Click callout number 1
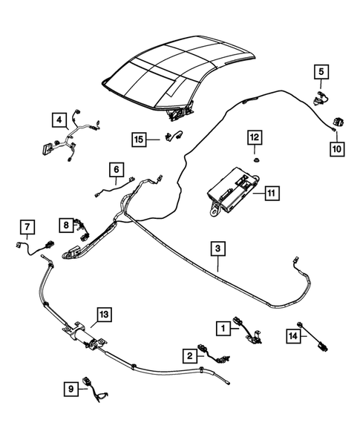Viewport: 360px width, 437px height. [x=221, y=326]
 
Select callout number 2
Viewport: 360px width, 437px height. [x=190, y=355]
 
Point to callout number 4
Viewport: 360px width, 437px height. [x=57, y=119]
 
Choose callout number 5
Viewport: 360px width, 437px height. [x=321, y=72]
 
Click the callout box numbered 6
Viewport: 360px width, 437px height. [x=117, y=170]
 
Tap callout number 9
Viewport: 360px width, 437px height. [x=71, y=388]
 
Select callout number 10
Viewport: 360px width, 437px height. [x=336, y=148]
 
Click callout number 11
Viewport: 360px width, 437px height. [x=272, y=194]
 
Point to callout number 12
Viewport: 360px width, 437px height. [x=254, y=137]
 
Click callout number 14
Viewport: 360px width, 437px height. [x=293, y=336]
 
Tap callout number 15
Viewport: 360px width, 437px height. [x=139, y=139]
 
